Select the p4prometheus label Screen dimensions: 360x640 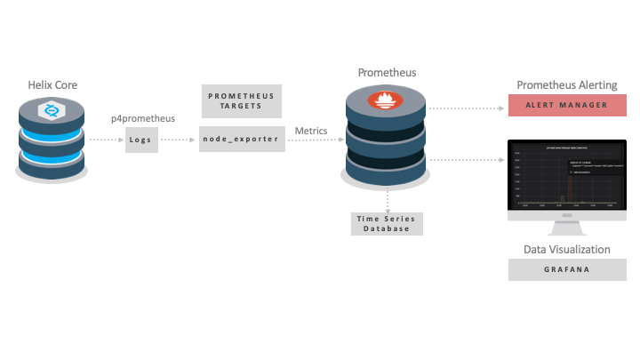[x=142, y=117]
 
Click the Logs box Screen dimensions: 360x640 [x=141, y=140]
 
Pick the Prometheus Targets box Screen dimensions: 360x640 [x=241, y=100]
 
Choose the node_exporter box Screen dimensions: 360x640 [x=241, y=140]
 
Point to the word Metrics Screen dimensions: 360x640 [x=311, y=131]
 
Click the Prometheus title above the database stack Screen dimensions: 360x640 [x=387, y=72]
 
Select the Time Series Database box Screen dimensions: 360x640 [x=387, y=223]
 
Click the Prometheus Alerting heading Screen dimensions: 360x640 [x=567, y=84]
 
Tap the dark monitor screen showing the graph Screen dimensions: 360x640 [x=567, y=174]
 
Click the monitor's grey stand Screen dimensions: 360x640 [x=567, y=227]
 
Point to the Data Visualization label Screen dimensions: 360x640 [x=567, y=250]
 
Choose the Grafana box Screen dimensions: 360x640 [x=567, y=269]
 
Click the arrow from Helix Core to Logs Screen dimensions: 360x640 [x=106, y=140]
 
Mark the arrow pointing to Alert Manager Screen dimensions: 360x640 [x=468, y=107]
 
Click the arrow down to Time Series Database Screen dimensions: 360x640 [x=388, y=198]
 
